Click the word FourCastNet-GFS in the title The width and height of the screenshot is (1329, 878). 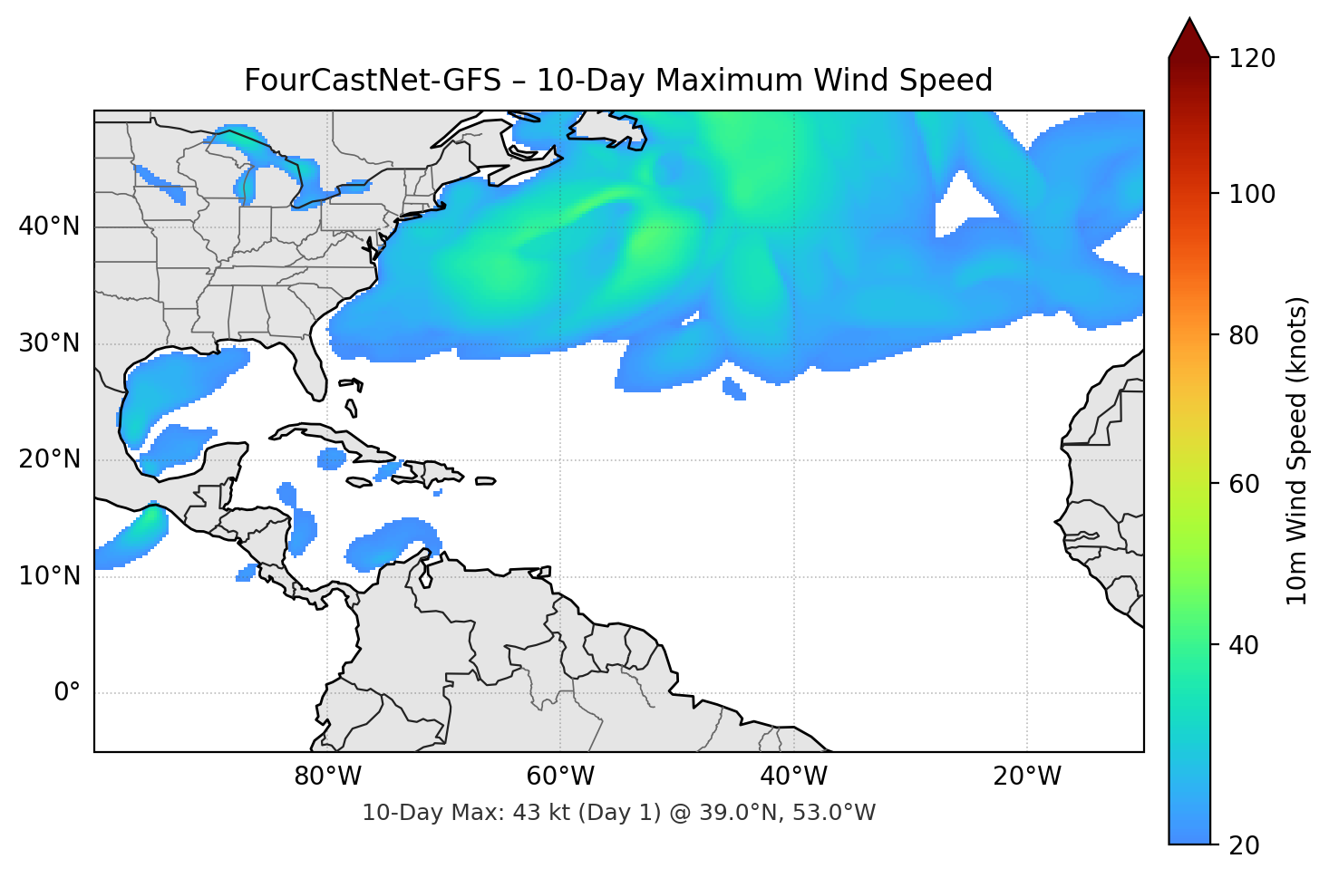[373, 81]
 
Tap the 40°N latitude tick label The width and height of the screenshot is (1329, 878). [49, 226]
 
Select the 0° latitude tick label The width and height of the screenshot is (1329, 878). [67, 693]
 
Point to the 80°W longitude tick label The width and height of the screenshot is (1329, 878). [328, 777]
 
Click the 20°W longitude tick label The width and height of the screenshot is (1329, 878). [1026, 777]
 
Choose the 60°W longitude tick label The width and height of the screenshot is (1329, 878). [561, 777]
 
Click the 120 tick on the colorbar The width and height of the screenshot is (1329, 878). [1251, 59]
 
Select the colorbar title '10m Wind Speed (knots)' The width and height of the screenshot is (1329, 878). [1297, 450]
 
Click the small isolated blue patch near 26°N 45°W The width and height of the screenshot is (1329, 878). [733, 389]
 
